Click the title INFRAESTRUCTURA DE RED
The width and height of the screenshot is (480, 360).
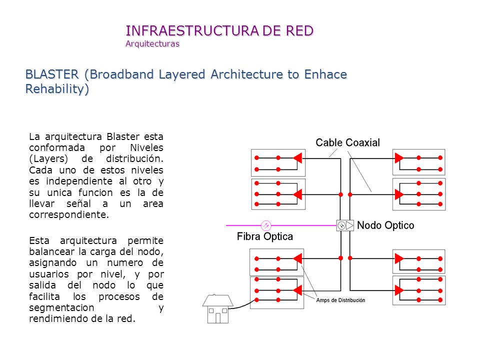click(219, 30)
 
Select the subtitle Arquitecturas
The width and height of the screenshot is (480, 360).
click(152, 44)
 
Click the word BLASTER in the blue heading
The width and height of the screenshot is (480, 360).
click(52, 74)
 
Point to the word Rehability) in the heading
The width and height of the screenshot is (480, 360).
click(57, 89)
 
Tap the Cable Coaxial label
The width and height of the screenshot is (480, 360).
click(348, 142)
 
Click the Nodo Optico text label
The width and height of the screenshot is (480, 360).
click(385, 225)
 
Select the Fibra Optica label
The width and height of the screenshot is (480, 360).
click(265, 236)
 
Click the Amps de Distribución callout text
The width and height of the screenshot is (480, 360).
click(340, 300)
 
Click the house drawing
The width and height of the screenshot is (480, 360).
click(218, 308)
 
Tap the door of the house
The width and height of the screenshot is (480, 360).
click(218, 318)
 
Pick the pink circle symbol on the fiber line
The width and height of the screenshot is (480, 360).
click(266, 225)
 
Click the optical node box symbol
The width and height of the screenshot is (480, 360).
click(345, 225)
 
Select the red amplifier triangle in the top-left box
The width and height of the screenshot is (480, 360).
click(297, 158)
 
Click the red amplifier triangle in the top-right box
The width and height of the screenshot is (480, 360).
click(399, 158)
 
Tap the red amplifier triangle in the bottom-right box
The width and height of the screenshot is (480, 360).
click(399, 290)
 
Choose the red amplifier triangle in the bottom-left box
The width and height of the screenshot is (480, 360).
click(297, 290)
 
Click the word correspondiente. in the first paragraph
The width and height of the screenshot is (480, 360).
click(69, 215)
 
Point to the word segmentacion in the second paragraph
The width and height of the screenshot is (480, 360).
click(61, 308)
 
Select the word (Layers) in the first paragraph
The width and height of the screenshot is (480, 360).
click(48, 159)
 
